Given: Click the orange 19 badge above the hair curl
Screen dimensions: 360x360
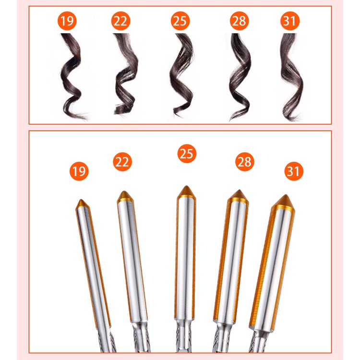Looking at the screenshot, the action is [x=67, y=21].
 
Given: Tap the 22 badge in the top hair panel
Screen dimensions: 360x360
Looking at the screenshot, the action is [x=120, y=21].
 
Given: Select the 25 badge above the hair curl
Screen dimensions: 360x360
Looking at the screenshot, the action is [x=180, y=21].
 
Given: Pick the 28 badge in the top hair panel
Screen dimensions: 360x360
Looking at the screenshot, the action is [x=239, y=21].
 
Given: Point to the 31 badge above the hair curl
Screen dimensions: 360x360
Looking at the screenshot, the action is [x=290, y=21].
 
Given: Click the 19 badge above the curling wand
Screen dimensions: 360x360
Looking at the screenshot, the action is [x=79, y=171].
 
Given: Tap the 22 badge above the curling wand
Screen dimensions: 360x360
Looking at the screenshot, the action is [x=122, y=162].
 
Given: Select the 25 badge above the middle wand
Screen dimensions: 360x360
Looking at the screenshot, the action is [x=187, y=154].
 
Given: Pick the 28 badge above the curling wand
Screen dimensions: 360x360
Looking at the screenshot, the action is [x=245, y=162].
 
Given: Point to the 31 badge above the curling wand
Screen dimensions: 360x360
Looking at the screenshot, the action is [x=294, y=171].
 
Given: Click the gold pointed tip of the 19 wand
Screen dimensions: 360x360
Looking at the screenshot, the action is [x=82, y=204].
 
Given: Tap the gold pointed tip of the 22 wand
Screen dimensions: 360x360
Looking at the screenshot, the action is [x=125, y=196].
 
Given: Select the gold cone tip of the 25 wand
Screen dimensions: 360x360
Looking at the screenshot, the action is [x=186, y=192].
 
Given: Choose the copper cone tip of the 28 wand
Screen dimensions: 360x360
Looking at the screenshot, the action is [x=239, y=195].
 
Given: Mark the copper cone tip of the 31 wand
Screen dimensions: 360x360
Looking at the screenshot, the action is [x=284, y=201].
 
